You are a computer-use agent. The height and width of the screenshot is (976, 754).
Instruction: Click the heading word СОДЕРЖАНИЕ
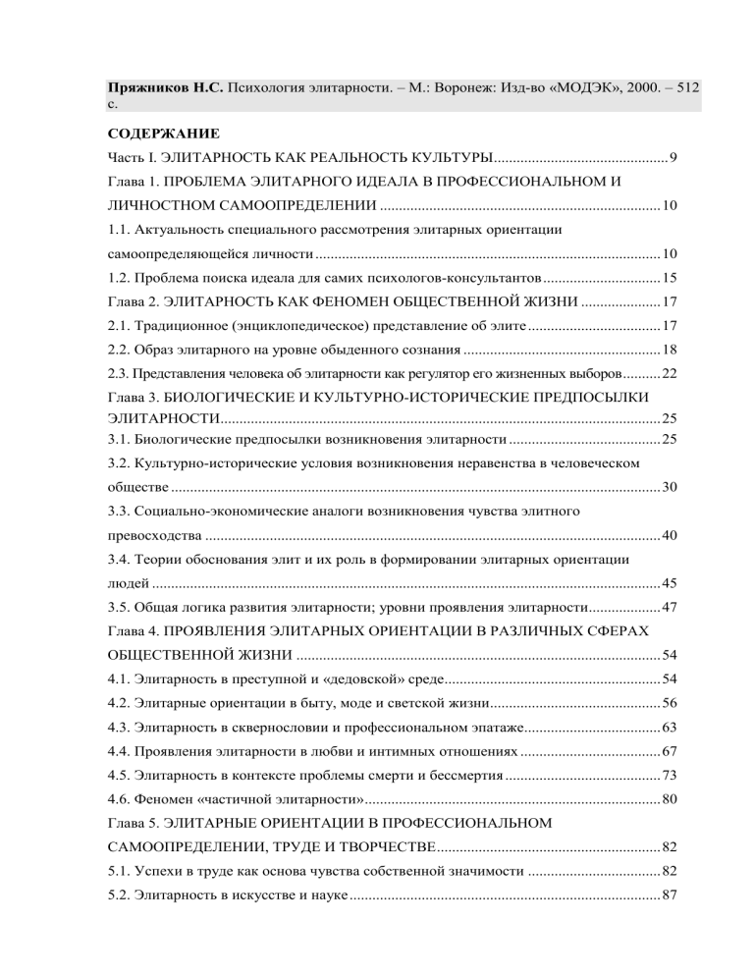(163, 132)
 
